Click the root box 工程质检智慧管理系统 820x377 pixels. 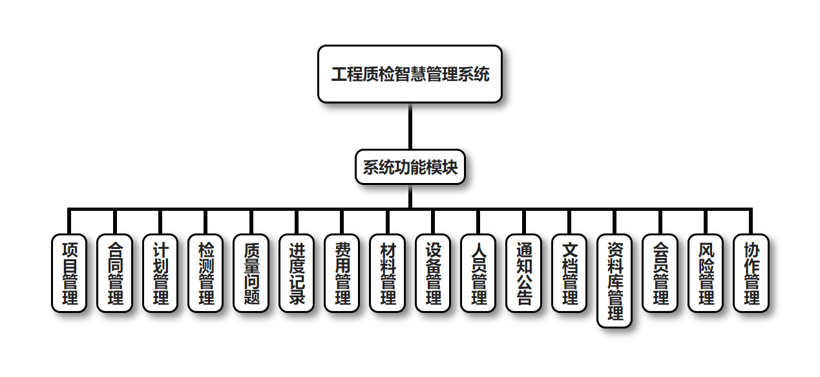point(410,74)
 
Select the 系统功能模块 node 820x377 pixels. point(410,167)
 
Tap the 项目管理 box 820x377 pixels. point(69,273)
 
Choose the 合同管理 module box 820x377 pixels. point(114,273)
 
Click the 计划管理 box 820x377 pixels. point(160,273)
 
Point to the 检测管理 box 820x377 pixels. point(205,273)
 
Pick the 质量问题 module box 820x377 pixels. point(251,273)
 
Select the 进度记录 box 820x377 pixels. point(297,273)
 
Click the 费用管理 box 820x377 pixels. point(342,273)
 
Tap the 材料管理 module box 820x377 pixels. point(387,273)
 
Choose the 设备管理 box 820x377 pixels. point(433,273)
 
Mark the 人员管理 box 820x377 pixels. point(478,273)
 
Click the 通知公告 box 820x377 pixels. point(523,273)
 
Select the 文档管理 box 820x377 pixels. point(569,273)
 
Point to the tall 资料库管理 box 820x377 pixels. point(615,281)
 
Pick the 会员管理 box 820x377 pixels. point(660,273)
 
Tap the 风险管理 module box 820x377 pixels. point(706,273)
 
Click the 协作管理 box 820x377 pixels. point(751,273)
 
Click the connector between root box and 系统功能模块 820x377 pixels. point(410,126)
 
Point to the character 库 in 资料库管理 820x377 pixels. point(615,281)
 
